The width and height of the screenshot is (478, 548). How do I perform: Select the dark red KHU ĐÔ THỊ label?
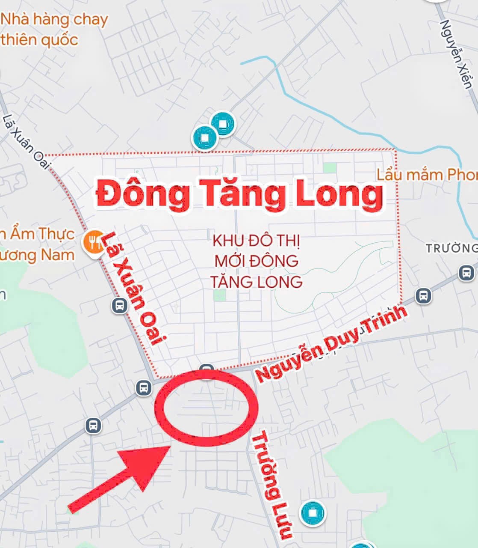(256, 241)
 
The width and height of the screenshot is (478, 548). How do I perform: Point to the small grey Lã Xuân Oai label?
(27, 141)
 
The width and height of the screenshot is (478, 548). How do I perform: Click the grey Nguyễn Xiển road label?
(457, 54)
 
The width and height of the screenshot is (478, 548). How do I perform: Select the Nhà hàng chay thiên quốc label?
(53, 30)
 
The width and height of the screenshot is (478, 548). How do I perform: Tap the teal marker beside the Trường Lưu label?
(312, 513)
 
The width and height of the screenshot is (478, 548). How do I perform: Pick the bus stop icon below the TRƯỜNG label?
(466, 272)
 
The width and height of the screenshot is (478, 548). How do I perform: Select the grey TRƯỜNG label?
(451, 248)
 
